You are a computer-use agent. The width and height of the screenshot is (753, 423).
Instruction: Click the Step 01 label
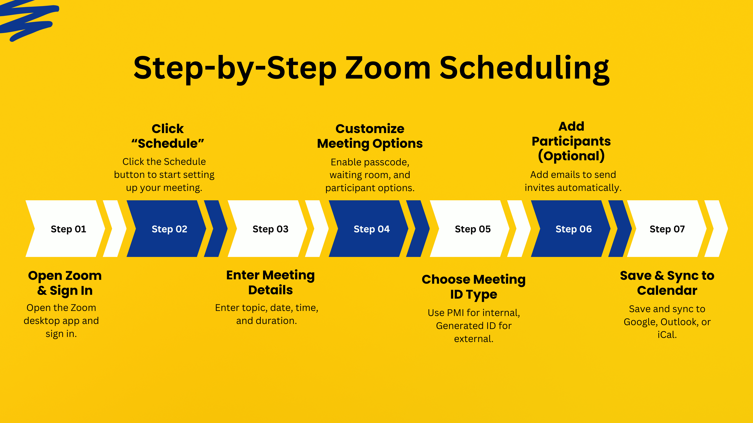[68, 229]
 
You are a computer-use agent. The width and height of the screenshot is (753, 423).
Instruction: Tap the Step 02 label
[169, 229]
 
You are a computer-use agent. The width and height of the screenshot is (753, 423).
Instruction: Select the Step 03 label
[270, 229]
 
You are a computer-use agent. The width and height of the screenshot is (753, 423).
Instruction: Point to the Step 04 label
[371, 229]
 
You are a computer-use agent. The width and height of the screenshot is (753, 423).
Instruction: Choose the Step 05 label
[473, 229]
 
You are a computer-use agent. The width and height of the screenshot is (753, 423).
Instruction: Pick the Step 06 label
[573, 229]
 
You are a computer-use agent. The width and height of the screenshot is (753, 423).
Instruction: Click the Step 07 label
[667, 229]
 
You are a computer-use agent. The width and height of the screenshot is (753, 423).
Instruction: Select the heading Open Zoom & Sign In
[65, 283]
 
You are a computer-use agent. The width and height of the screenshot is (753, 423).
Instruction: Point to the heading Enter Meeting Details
[270, 282]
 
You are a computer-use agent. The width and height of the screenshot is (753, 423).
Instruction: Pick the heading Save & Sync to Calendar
[667, 283]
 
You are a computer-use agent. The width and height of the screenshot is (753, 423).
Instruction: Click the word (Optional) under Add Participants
[571, 156]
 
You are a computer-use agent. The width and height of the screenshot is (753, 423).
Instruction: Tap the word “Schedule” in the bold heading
[167, 143]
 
